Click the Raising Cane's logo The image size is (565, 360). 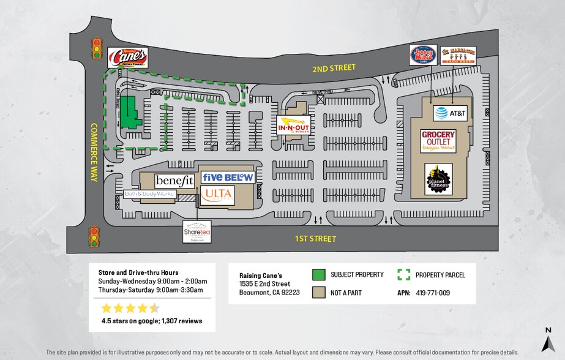[x=127, y=58]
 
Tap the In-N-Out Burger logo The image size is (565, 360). [x=294, y=126]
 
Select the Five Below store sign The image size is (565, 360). [x=227, y=177]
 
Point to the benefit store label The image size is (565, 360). [x=174, y=181]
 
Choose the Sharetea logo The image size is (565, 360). [x=197, y=232]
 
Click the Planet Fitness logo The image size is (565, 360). [x=438, y=179]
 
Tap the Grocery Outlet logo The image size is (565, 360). [x=438, y=141]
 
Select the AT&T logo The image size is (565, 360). [x=451, y=113]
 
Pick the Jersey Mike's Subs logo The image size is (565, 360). [x=423, y=54]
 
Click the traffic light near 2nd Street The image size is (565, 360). [x=96, y=48]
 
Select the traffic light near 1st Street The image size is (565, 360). [x=94, y=236]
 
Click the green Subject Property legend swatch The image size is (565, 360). [x=318, y=274]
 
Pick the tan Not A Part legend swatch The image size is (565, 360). [x=318, y=293]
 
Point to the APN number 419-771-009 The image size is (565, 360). [x=432, y=293]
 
